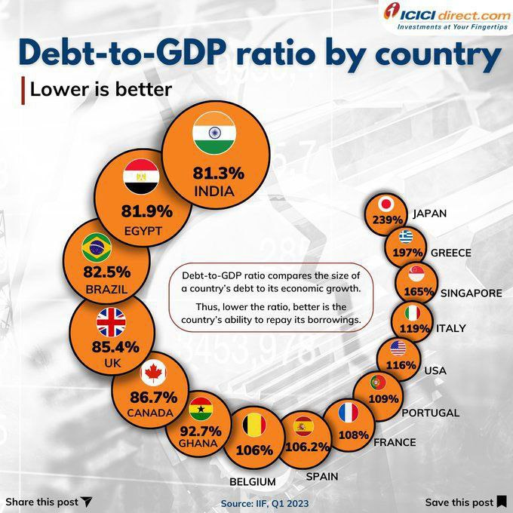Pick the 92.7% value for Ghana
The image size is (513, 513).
coord(201,431)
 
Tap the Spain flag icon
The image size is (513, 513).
coord(303,426)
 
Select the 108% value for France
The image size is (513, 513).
coord(353,435)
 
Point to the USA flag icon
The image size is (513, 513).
coord(398,349)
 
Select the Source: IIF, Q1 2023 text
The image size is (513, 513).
coord(265,502)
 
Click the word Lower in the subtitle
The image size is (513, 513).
coord(52,89)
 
